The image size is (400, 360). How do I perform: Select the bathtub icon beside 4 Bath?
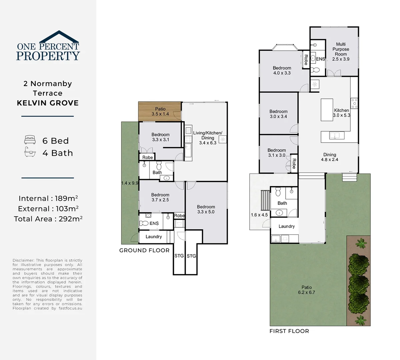(x=30, y=153)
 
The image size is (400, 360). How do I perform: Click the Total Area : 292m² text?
(x=48, y=219)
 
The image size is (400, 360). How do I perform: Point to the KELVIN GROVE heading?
(x=48, y=103)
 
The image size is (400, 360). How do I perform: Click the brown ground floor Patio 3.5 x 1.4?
(x=160, y=112)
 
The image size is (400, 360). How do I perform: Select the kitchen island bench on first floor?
(x=327, y=110)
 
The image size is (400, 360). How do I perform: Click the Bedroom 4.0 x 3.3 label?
(x=282, y=70)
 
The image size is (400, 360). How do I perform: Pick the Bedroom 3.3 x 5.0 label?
(x=206, y=209)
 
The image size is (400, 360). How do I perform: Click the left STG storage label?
(x=179, y=256)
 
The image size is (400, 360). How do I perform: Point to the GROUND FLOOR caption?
(x=144, y=250)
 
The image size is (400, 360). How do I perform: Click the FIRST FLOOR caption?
(x=289, y=331)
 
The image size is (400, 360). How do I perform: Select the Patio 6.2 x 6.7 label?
(x=307, y=290)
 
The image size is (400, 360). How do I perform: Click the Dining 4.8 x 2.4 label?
(x=329, y=157)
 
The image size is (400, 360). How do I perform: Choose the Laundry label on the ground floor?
(x=154, y=237)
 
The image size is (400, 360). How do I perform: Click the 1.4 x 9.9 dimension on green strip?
(x=130, y=183)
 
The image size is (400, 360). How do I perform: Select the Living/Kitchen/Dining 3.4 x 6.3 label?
(x=207, y=137)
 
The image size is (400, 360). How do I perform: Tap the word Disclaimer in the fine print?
(x=23, y=260)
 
